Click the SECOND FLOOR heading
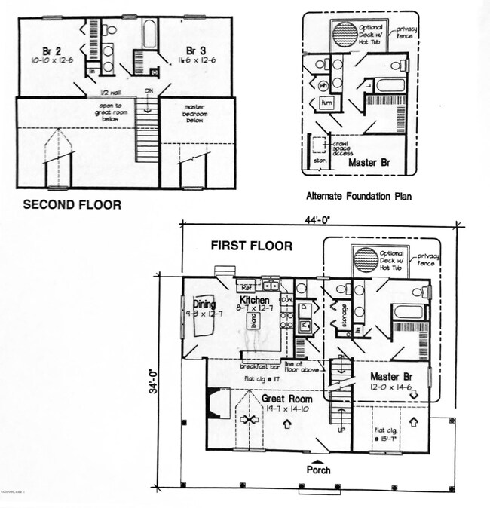point(72,204)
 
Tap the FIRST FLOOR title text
point(252,246)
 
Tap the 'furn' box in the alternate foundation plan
point(326,102)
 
